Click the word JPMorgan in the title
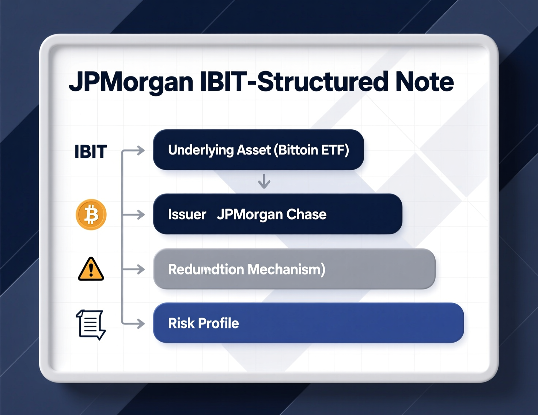[131, 82]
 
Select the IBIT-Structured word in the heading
[294, 82]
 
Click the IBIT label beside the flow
[91, 152]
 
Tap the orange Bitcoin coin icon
[91, 214]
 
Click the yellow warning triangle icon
[91, 270]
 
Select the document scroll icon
[91, 324]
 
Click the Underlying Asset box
[258, 150]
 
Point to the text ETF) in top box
[334, 150]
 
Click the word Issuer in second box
[187, 214]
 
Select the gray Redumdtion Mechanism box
[294, 269]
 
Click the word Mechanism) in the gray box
[286, 270]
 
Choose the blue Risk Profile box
[308, 323]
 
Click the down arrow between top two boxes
[264, 181]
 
